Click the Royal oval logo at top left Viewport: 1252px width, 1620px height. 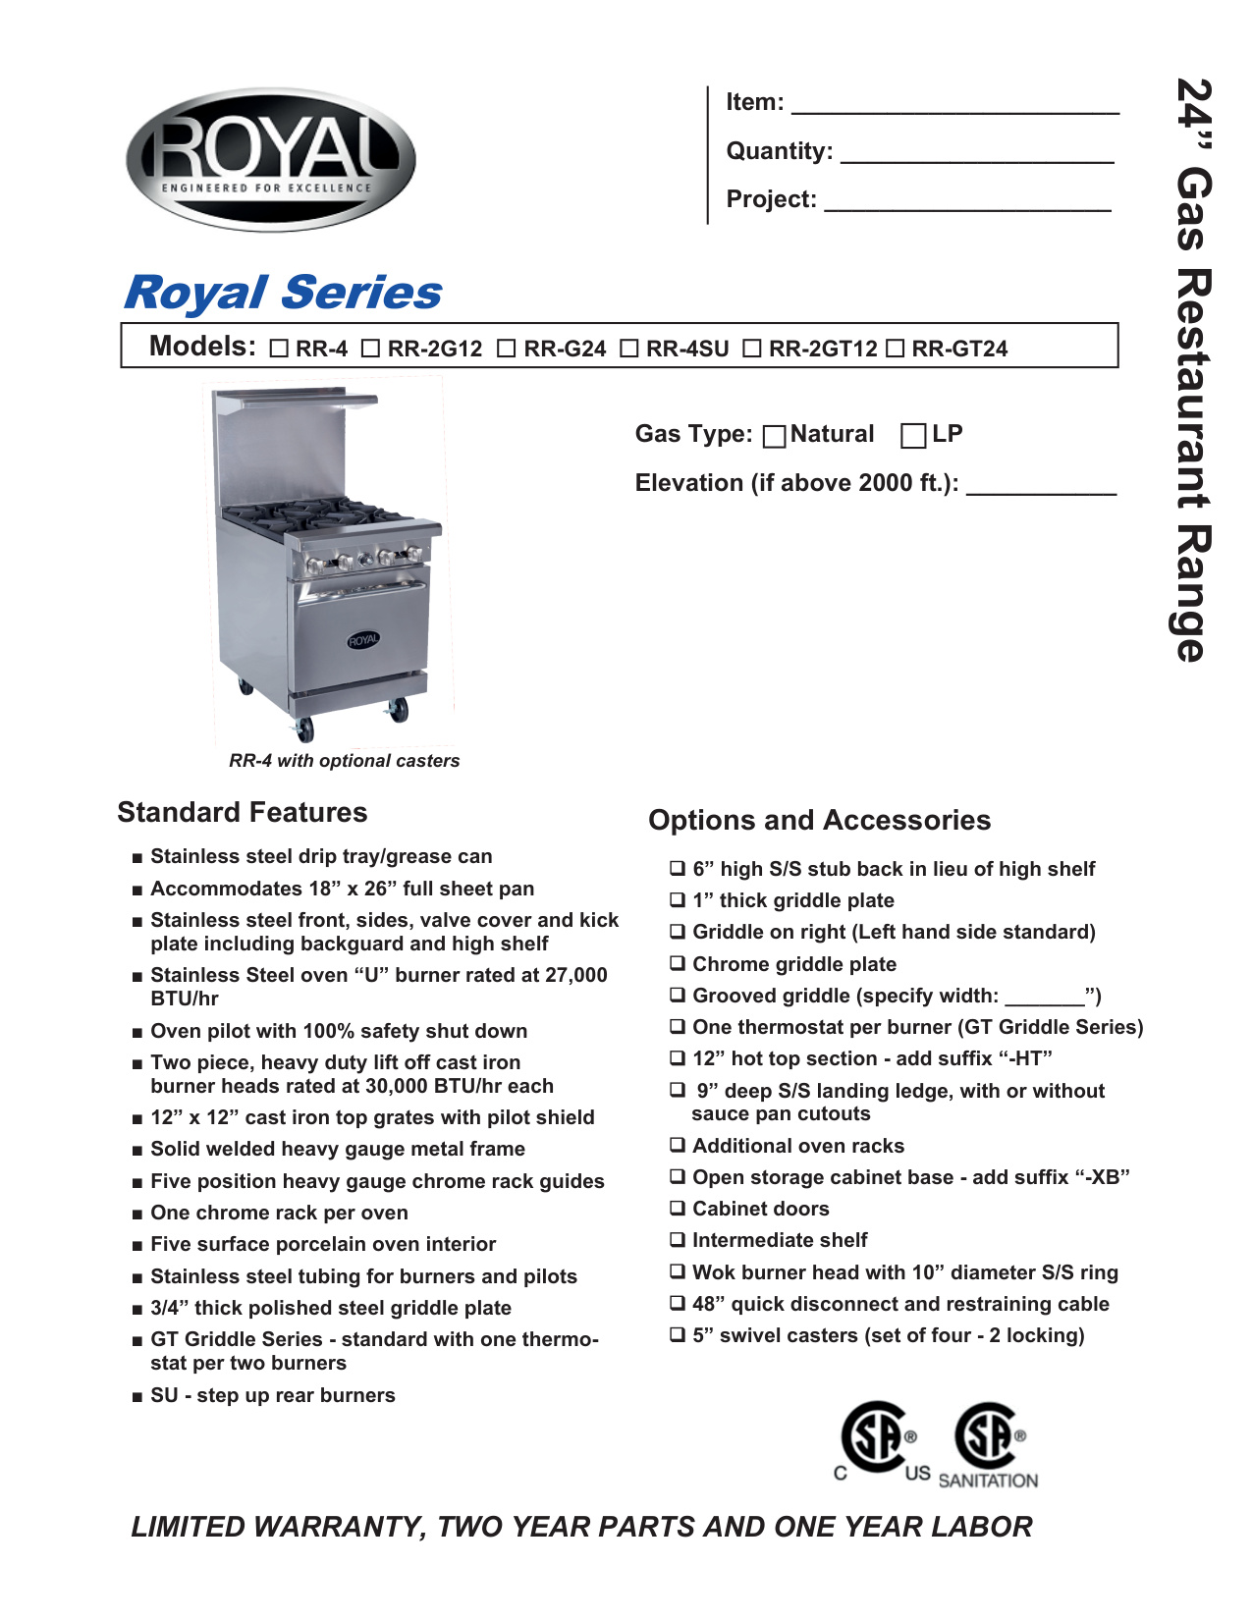(x=270, y=159)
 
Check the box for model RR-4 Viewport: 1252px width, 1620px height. (x=279, y=349)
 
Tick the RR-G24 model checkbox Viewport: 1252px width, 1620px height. (x=506, y=349)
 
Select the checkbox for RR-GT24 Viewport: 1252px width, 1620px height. (x=895, y=349)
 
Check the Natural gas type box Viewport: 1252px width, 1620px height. (x=774, y=436)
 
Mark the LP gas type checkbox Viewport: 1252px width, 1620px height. (x=913, y=435)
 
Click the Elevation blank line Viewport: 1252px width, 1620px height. (x=1041, y=487)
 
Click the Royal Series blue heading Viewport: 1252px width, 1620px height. (x=283, y=293)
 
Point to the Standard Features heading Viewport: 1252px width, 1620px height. (x=243, y=812)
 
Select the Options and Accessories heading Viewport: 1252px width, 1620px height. (x=819, y=820)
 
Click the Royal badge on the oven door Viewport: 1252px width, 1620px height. (x=363, y=640)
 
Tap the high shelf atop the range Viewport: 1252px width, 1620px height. (x=295, y=398)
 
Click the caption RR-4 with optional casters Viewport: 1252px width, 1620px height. (x=344, y=760)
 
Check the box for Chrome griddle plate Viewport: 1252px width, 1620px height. (x=678, y=963)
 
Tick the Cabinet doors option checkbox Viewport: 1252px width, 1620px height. (x=678, y=1208)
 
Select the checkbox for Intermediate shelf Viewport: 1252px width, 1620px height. (x=678, y=1239)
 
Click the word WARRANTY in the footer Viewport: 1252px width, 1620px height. (x=339, y=1527)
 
